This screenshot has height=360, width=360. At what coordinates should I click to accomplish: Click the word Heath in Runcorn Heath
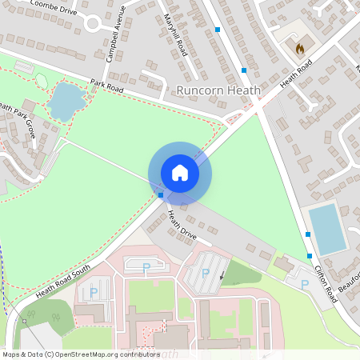tap(243, 90)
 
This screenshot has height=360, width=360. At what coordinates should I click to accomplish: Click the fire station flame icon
tap(300, 49)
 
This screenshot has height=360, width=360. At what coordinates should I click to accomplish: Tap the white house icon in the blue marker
tap(180, 173)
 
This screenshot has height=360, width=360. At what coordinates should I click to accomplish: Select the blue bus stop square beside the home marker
tap(161, 194)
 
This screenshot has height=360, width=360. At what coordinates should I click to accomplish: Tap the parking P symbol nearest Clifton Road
tap(304, 284)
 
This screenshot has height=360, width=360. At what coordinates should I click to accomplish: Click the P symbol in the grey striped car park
tap(206, 273)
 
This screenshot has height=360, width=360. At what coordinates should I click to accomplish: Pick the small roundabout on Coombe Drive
tap(91, 22)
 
